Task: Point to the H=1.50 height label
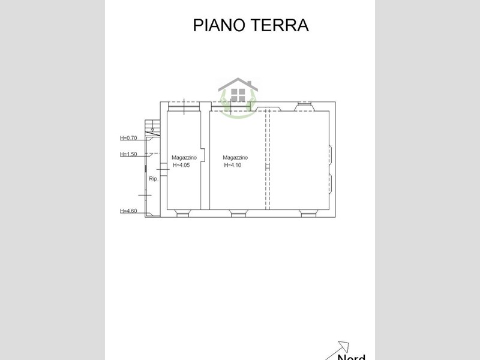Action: click(x=128, y=154)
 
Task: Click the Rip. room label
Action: click(x=153, y=179)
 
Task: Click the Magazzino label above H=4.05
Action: click(x=184, y=158)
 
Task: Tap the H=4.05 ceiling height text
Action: click(x=181, y=166)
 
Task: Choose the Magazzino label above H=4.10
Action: click(x=235, y=158)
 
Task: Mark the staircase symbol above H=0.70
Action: click(x=152, y=127)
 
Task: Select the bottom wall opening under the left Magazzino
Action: click(x=183, y=212)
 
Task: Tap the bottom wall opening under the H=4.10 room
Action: click(x=238, y=212)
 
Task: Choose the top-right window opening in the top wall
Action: click(x=305, y=106)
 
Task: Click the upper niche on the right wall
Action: click(x=329, y=154)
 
